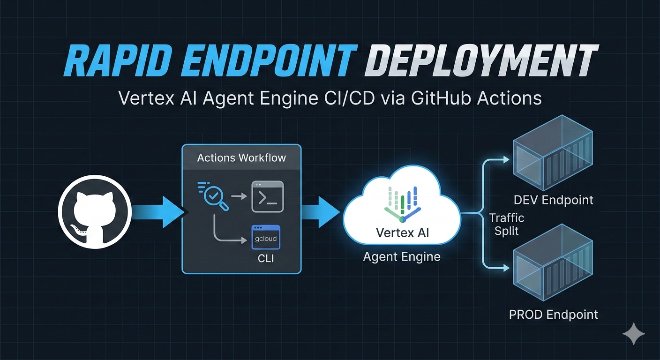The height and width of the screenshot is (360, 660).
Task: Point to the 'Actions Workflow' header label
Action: click(x=241, y=157)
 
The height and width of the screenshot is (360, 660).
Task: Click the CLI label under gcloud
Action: click(x=265, y=258)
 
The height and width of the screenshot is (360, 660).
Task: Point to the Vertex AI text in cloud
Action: click(x=402, y=232)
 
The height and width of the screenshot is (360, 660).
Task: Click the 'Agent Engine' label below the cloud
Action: click(x=402, y=256)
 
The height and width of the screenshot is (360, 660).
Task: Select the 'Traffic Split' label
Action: click(x=506, y=225)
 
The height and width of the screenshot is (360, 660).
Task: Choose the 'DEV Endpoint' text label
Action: click(x=553, y=200)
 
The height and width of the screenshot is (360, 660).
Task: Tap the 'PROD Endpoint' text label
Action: click(x=553, y=314)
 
